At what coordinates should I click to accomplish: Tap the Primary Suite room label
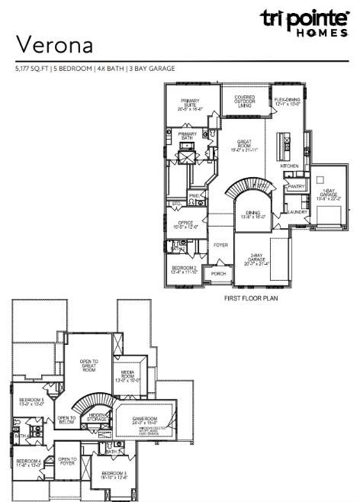(x=191, y=105)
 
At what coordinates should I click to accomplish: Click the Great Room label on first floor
(x=245, y=145)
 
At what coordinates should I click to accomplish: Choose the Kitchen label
(x=289, y=166)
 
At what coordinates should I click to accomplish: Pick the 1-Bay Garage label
(x=329, y=193)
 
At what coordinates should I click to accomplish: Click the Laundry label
(x=296, y=211)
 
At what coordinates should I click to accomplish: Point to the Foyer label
(x=221, y=245)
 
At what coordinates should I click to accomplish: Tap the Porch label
(x=219, y=273)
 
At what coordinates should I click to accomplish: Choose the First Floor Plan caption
(x=251, y=298)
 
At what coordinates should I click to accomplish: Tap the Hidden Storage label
(x=96, y=417)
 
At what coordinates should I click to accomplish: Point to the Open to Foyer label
(x=69, y=461)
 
